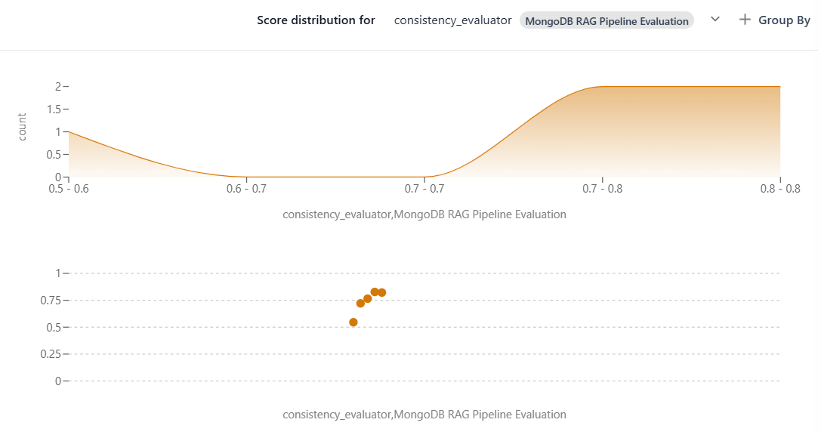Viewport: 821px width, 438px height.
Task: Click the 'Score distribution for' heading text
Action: tap(316, 20)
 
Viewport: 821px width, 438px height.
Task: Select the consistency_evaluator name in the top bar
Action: tap(452, 20)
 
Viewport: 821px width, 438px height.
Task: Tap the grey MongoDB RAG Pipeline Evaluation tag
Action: tap(606, 21)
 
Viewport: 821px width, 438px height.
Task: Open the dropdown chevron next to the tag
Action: tap(715, 20)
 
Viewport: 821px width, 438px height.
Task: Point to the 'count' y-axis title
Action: tap(22, 126)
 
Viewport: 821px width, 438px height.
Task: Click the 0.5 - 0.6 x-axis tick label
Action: tap(69, 188)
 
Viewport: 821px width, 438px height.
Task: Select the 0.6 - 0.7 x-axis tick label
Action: tap(247, 188)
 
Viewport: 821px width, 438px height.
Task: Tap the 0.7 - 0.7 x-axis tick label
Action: tap(424, 188)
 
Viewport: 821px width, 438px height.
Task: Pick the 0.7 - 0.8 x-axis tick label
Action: tap(602, 188)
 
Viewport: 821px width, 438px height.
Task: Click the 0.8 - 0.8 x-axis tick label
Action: tap(779, 188)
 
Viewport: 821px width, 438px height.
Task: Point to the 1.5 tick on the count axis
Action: tap(54, 109)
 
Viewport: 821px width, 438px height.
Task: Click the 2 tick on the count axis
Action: tap(57, 87)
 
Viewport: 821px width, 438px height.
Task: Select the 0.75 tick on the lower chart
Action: tap(50, 301)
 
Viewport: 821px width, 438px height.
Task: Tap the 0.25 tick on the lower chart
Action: tap(50, 354)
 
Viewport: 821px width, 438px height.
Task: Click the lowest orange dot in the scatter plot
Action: tap(353, 322)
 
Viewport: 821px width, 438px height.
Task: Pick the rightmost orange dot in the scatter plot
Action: tap(381, 292)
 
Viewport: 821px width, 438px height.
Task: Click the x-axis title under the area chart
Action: tap(424, 214)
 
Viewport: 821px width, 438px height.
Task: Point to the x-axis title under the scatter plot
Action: tap(424, 415)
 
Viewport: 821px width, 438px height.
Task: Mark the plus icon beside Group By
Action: tap(745, 20)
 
